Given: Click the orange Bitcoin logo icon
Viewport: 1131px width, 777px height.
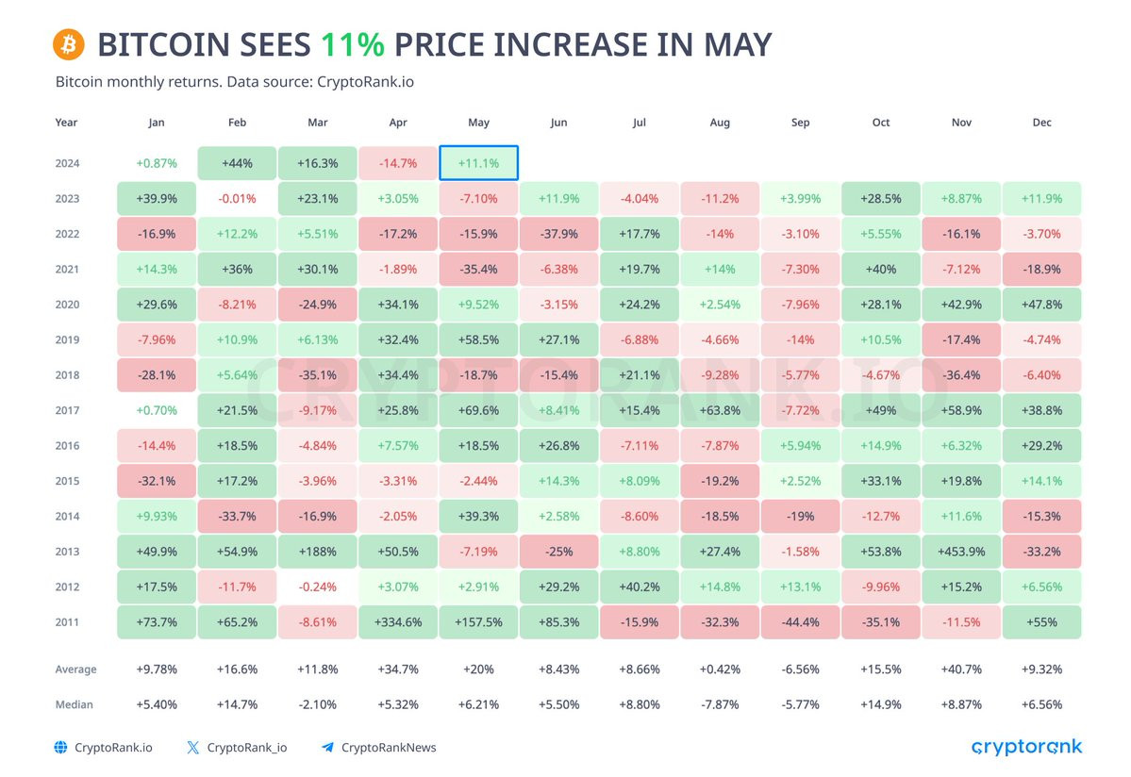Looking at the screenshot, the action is [x=69, y=44].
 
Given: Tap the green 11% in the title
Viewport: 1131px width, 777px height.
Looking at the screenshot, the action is [x=353, y=44].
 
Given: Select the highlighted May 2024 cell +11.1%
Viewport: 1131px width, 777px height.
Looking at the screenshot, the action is [x=478, y=163].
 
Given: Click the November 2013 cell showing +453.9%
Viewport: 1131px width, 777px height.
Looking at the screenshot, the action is [x=961, y=552].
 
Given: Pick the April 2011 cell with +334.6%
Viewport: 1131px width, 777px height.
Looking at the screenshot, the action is [x=398, y=622].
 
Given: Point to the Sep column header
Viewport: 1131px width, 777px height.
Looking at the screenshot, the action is [x=800, y=123].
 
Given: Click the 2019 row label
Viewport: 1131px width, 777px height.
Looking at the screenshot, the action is [x=67, y=339].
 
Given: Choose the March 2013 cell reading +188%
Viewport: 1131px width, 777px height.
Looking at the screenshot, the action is [x=317, y=552].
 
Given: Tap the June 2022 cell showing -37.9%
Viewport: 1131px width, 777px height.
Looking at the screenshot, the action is [x=559, y=234].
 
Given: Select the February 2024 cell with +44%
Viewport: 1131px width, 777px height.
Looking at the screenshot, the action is [x=237, y=163].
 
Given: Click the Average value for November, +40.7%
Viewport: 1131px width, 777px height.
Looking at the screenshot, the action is [x=961, y=670].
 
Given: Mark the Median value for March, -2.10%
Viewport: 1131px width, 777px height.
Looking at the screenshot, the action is [x=317, y=705].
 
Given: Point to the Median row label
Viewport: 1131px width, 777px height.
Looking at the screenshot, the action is [x=75, y=705].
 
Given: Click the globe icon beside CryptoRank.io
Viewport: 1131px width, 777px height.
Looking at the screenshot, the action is [x=61, y=748].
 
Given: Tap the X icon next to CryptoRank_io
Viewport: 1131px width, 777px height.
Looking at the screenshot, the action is [x=192, y=748].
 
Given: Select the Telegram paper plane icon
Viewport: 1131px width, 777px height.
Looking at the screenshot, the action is [x=327, y=748].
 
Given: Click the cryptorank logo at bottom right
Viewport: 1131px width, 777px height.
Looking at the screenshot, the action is [x=1027, y=748].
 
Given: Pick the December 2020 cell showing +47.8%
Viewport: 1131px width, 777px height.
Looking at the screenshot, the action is [x=1041, y=305].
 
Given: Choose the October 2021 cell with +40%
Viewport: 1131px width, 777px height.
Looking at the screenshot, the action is [x=881, y=269].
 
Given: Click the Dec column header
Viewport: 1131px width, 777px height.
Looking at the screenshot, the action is [x=1041, y=123].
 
